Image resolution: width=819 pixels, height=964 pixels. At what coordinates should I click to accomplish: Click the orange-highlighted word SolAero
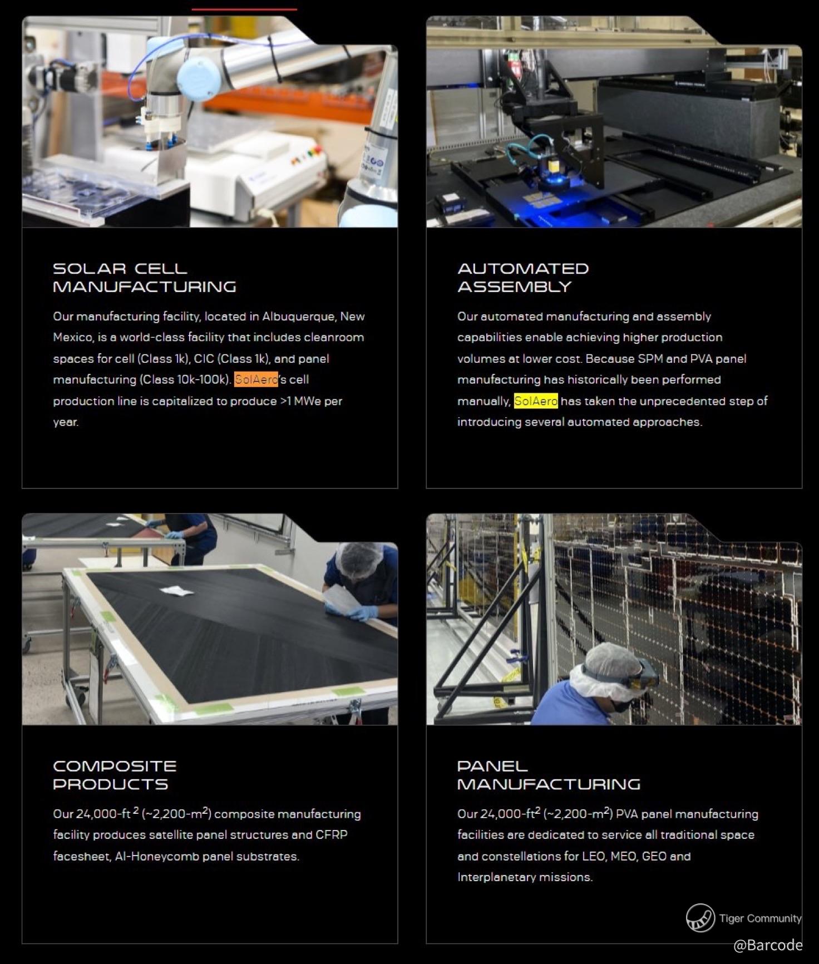click(x=256, y=379)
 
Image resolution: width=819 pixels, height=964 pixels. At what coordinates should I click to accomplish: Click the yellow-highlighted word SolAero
click(x=536, y=401)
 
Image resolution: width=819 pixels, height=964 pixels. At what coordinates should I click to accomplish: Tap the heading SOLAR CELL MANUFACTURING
click(x=145, y=278)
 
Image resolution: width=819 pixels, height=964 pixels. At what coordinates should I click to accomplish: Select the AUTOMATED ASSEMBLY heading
click(x=523, y=278)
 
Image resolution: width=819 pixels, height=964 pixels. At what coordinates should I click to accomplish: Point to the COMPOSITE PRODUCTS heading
click(x=115, y=775)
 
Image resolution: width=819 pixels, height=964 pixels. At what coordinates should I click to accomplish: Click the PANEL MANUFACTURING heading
click(x=549, y=775)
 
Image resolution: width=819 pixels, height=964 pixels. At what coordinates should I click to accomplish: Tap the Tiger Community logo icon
click(x=700, y=918)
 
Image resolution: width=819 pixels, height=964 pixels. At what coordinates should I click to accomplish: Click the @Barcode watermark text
click(x=768, y=945)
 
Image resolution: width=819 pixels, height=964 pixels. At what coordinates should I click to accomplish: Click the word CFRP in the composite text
click(x=332, y=835)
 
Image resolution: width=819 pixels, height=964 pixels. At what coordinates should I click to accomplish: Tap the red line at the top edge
click(x=244, y=9)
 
